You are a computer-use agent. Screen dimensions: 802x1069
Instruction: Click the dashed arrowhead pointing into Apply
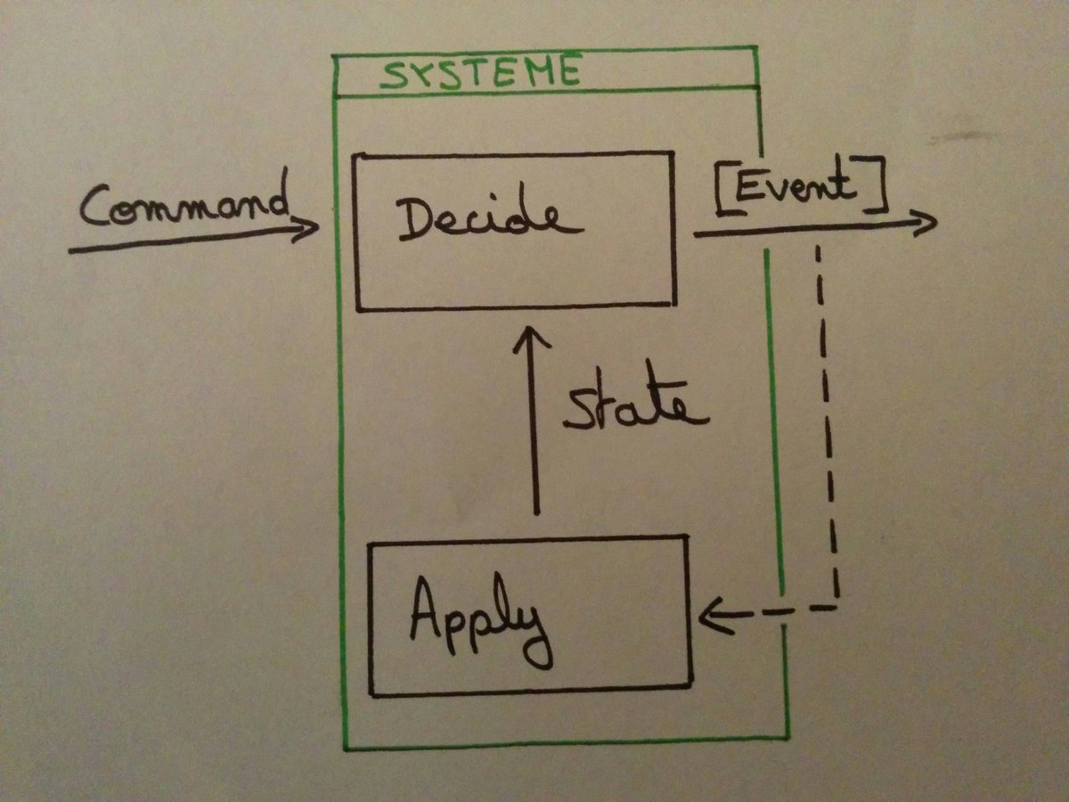click(x=713, y=614)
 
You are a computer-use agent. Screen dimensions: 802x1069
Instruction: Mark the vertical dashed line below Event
click(x=827, y=419)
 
